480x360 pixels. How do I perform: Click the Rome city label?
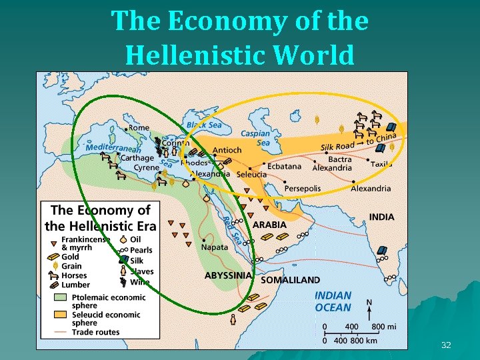[139, 128]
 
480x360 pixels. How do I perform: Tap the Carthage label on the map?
[137, 158]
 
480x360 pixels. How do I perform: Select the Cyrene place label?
[147, 168]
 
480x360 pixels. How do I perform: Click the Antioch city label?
[227, 151]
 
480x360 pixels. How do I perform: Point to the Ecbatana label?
[285, 166]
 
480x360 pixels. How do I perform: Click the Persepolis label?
[303, 189]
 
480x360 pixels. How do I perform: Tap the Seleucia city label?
[251, 175]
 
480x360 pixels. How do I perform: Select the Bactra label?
[340, 160]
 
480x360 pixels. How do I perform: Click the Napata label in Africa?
[215, 247]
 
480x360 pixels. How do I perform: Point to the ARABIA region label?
[269, 225]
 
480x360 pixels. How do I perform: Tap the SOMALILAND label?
[291, 280]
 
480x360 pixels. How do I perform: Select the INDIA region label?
[381, 217]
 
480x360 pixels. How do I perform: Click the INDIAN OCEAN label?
[333, 301]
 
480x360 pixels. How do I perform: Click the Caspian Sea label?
[255, 138]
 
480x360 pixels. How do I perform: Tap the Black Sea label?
[204, 125]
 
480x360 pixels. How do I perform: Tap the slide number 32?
[446, 345]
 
